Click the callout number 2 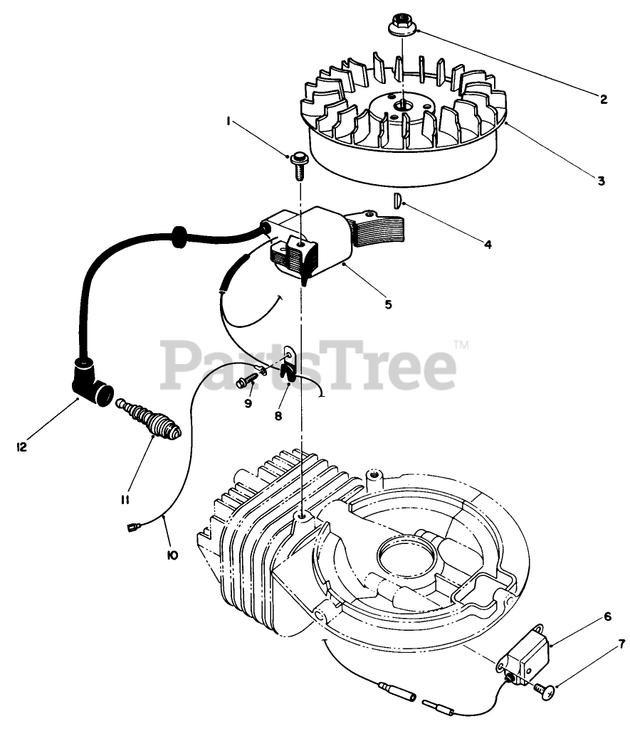[x=604, y=100]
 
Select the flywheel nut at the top [x=401, y=26]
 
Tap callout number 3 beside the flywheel [x=601, y=181]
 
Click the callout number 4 [x=488, y=244]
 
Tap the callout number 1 [x=229, y=122]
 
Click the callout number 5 [x=388, y=304]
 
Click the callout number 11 [x=125, y=500]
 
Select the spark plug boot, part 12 [x=90, y=380]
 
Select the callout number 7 [x=621, y=645]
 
